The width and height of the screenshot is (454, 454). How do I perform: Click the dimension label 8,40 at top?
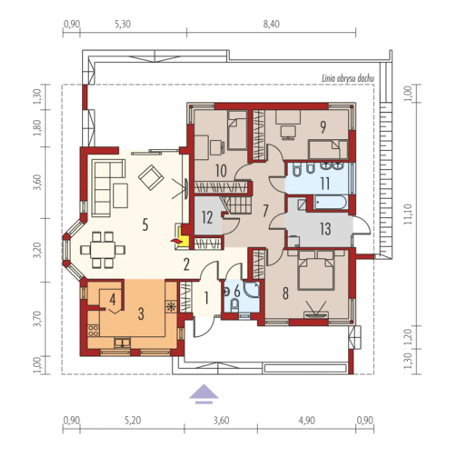tap(271, 24)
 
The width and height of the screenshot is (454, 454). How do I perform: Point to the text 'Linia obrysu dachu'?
tap(348, 79)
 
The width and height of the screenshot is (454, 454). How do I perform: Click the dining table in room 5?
tap(103, 250)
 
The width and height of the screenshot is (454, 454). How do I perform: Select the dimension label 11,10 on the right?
tap(408, 214)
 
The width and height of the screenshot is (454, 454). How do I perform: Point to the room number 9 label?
tap(323, 127)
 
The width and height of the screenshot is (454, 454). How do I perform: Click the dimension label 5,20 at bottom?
tap(133, 420)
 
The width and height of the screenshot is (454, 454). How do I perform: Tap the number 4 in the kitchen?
tap(113, 300)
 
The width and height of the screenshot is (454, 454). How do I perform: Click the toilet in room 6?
tap(235, 306)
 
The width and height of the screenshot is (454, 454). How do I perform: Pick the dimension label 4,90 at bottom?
tap(307, 420)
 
